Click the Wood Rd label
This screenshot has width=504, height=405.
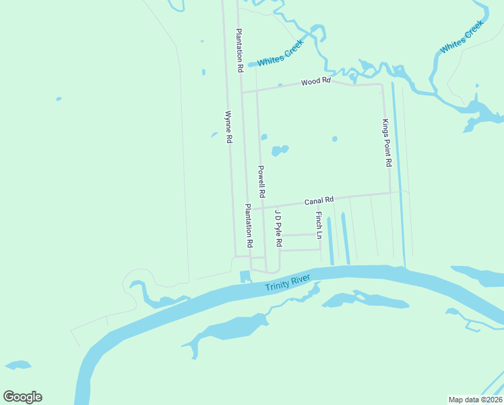click(x=316, y=81)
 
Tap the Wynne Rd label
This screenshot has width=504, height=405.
click(x=228, y=126)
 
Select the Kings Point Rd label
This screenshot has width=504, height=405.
click(x=387, y=143)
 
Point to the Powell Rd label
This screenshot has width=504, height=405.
click(x=261, y=181)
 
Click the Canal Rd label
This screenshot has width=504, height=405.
click(x=319, y=200)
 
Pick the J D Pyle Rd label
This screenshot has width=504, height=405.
click(x=278, y=227)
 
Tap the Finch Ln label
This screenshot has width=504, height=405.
click(x=319, y=225)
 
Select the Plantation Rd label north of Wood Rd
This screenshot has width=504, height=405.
click(x=239, y=51)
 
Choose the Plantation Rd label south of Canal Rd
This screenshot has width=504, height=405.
click(x=249, y=225)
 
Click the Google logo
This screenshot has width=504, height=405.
click(x=22, y=397)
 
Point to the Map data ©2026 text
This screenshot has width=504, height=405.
click(x=476, y=399)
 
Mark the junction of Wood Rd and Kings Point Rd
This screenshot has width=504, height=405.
click(x=383, y=85)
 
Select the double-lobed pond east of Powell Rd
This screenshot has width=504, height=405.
click(x=279, y=150)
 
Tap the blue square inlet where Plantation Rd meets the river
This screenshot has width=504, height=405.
click(x=245, y=277)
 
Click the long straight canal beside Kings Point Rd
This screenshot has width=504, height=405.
click(x=398, y=175)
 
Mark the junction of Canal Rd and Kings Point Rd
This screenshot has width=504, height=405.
click(x=390, y=193)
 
